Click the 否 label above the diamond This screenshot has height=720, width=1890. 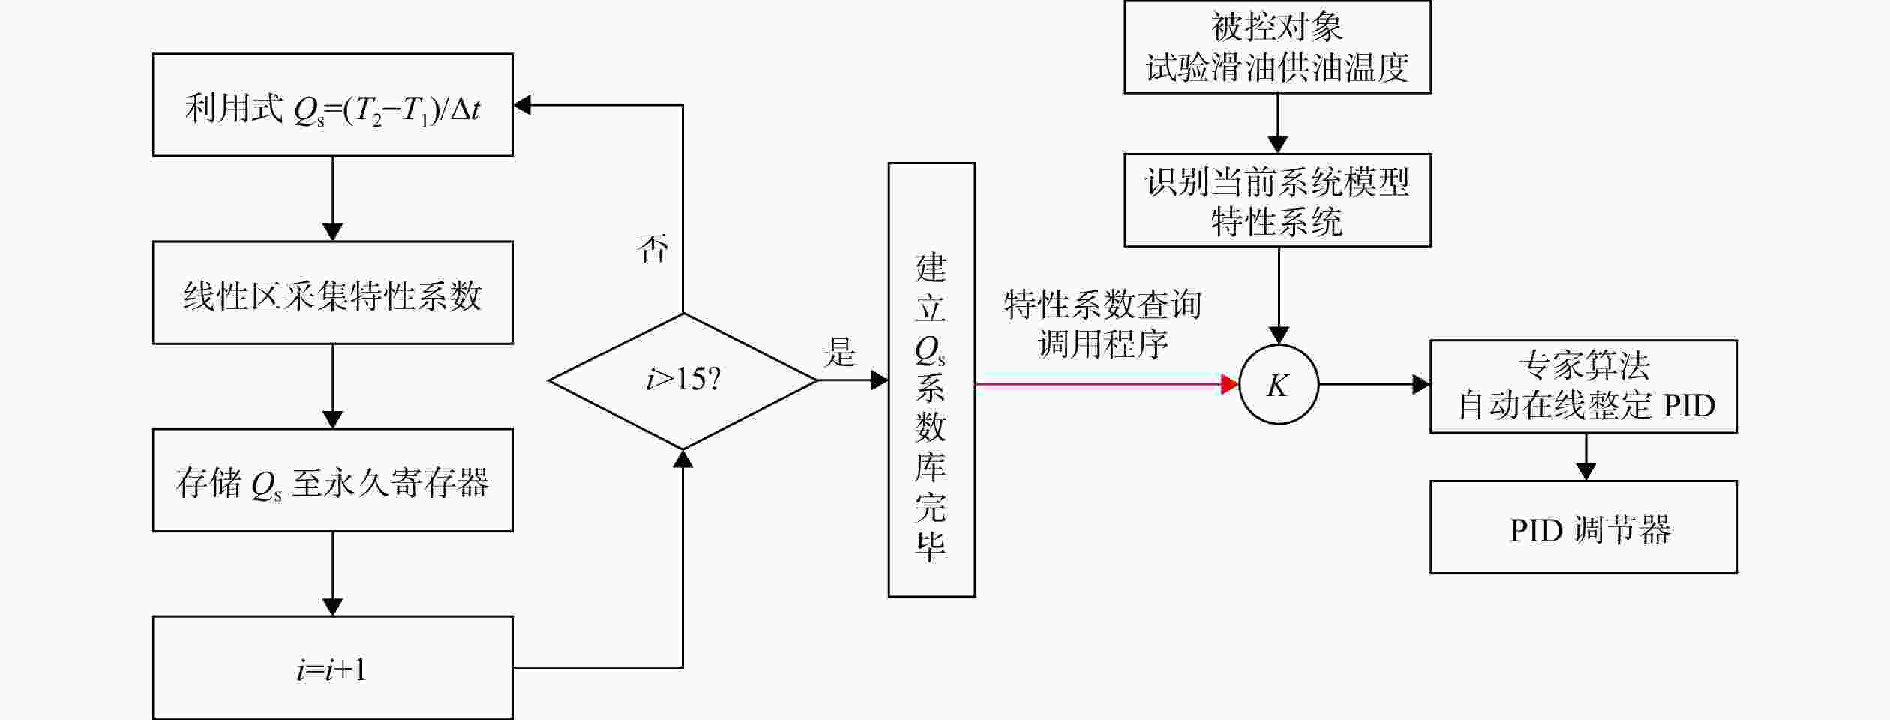point(652,247)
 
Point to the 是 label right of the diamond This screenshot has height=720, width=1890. point(839,351)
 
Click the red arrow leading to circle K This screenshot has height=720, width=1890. point(1107,384)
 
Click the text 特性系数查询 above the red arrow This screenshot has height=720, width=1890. point(1102,304)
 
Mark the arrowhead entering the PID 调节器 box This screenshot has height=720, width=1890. point(1585,472)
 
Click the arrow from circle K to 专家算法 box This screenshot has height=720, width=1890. point(1374,384)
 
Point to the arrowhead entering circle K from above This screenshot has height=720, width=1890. point(1279,335)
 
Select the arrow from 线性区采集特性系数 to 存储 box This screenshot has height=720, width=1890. point(332,386)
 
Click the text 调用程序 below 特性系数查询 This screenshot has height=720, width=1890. point(1102,344)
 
